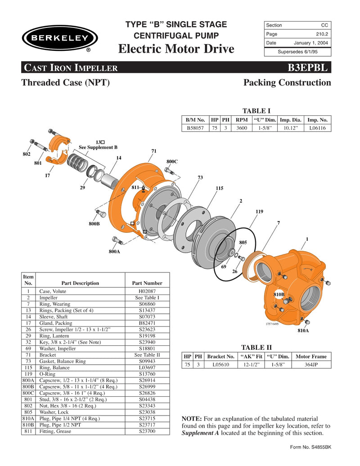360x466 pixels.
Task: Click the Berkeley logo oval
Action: (60, 38)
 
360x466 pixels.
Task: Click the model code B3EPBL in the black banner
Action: (309, 68)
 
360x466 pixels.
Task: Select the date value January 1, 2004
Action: (311, 43)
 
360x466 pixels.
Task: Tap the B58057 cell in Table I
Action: (195, 128)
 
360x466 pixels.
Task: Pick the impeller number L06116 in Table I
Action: (318, 128)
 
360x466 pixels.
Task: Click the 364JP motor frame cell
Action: (311, 365)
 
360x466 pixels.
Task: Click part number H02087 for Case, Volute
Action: (147, 292)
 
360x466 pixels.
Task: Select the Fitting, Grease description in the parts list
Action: (55, 431)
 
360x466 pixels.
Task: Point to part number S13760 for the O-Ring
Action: (147, 374)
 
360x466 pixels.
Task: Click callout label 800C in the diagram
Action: (172, 161)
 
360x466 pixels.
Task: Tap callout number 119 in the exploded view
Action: (259, 211)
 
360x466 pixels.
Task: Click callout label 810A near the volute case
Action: (303, 331)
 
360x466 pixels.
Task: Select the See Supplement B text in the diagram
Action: (98, 147)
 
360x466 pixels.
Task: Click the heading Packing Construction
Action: (287, 83)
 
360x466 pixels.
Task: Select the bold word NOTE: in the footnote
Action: (192, 419)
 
